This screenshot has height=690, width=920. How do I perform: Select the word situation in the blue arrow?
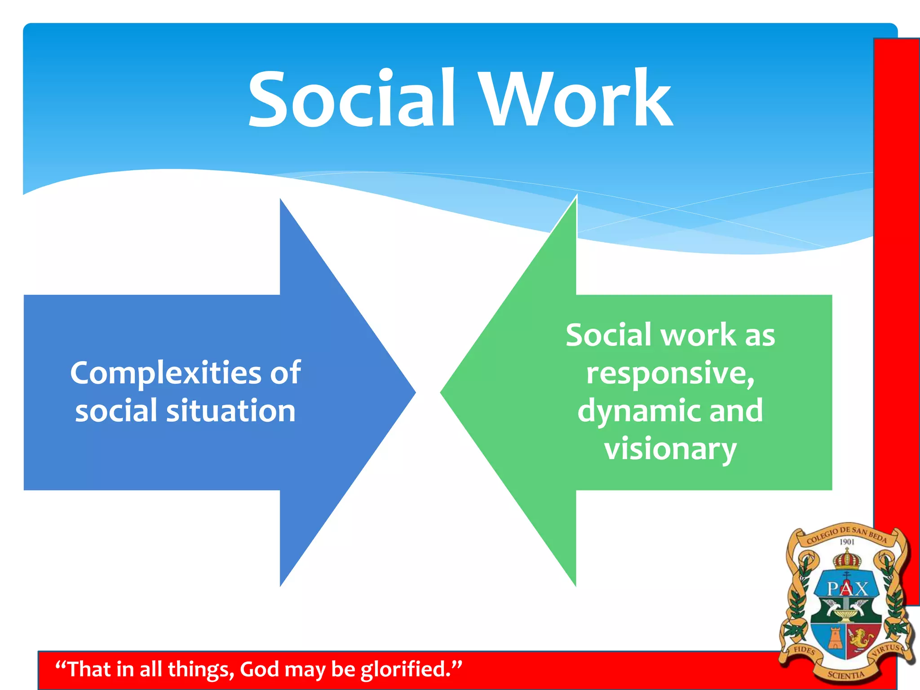pyautogui.click(x=231, y=411)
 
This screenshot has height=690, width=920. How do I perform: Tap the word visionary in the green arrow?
pyautogui.click(x=670, y=449)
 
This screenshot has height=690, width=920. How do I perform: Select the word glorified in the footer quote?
pyautogui.click(x=404, y=669)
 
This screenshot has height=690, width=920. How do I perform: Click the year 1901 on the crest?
pyautogui.click(x=847, y=542)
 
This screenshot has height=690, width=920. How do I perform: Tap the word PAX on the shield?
pyautogui.click(x=847, y=588)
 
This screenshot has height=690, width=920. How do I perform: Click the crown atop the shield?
pyautogui.click(x=847, y=560)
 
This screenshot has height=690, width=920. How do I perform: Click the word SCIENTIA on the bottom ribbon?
pyautogui.click(x=846, y=675)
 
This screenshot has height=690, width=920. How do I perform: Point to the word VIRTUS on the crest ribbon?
pyautogui.click(x=887, y=650)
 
